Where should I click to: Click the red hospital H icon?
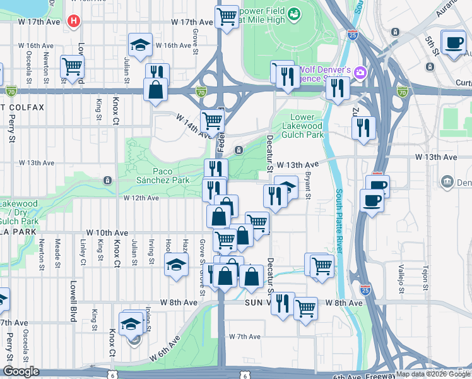click(74, 21)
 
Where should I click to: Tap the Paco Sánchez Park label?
click(162, 176)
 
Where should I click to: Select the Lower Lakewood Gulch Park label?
click(306, 126)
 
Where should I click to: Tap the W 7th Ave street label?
click(245, 337)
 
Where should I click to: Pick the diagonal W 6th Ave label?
click(166, 348)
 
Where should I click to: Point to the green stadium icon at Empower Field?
click(293, 13)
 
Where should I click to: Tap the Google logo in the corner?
click(21, 371)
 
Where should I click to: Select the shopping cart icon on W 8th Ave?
click(306, 308)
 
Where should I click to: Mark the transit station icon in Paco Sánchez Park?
click(107, 181)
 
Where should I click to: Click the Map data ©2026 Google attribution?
click(433, 374)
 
